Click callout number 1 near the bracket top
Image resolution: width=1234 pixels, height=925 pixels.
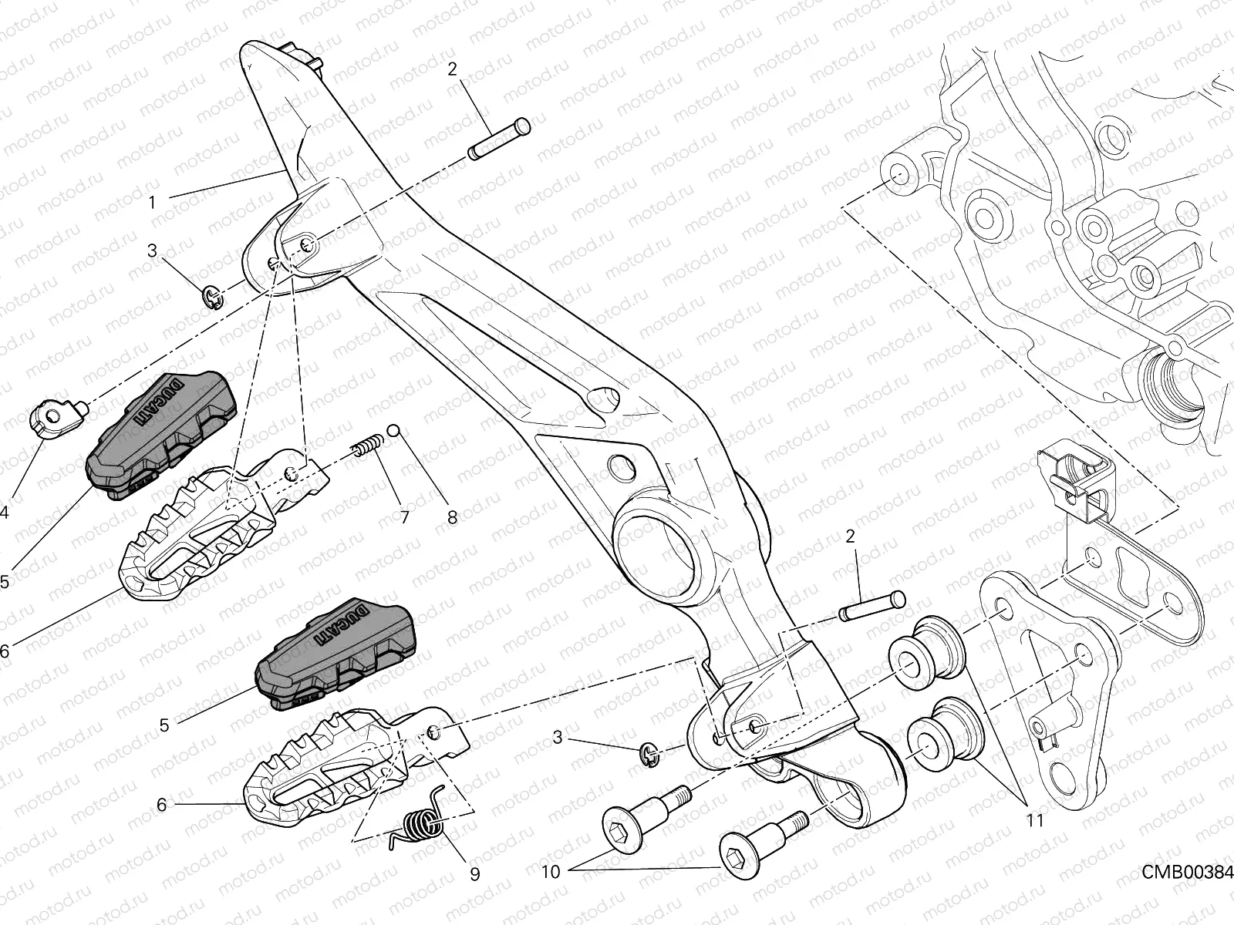point(152,203)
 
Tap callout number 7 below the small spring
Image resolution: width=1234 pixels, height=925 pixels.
point(404,517)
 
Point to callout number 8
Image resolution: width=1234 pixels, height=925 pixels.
point(452,517)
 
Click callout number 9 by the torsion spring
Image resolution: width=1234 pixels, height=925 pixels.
point(474,873)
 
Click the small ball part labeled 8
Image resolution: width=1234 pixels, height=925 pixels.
point(393,430)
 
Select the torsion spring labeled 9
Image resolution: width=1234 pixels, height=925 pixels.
point(420,826)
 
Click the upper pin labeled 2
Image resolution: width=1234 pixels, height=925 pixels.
point(499,139)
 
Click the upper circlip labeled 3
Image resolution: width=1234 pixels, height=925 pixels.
point(214,295)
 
